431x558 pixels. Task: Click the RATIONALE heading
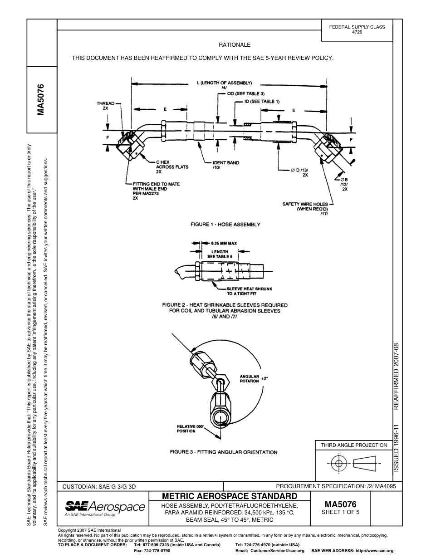click(x=235, y=45)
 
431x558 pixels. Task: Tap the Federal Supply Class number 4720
click(x=357, y=33)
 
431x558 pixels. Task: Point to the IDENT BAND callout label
click(x=226, y=165)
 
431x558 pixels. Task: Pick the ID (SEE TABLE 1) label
click(x=262, y=102)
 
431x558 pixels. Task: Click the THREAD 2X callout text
click(x=105, y=106)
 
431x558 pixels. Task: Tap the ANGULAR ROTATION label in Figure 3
click(x=249, y=379)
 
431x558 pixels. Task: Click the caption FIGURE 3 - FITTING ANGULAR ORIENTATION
click(x=224, y=452)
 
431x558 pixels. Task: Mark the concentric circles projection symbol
click(x=338, y=464)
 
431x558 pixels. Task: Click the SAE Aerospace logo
click(x=105, y=508)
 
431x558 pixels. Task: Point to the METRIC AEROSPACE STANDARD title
click(x=230, y=496)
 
